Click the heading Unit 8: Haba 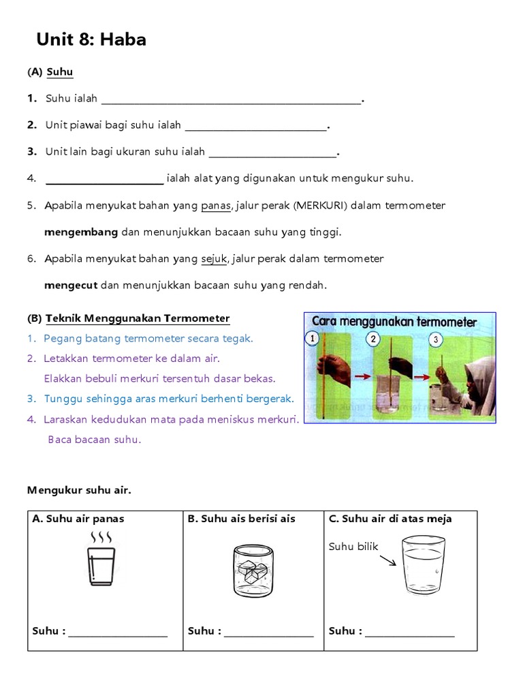click(x=91, y=40)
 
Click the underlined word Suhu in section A click(x=60, y=72)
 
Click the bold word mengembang click(x=81, y=232)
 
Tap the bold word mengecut click(x=71, y=285)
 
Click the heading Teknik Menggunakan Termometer click(x=138, y=318)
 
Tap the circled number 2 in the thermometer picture click(x=373, y=338)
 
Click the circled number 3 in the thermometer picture click(x=436, y=339)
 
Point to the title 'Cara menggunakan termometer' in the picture click(x=394, y=321)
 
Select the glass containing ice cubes click(x=253, y=571)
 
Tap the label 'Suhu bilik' click(x=353, y=546)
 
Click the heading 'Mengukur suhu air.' click(x=78, y=489)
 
